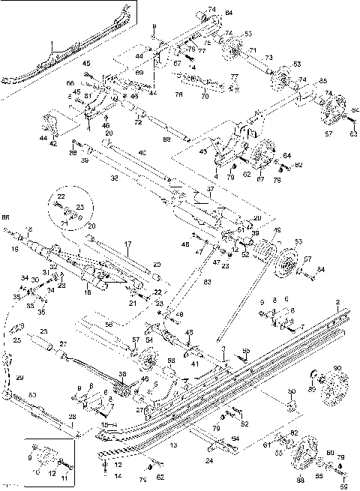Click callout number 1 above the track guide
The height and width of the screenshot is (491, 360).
52,46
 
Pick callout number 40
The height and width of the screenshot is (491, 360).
142,153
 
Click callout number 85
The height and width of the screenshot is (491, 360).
322,80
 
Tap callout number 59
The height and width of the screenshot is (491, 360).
344,486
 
